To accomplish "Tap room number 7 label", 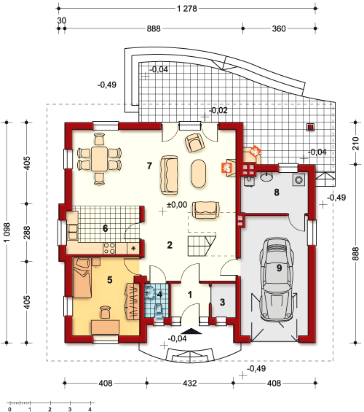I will coord(149,166).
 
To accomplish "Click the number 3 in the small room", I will coord(222,301).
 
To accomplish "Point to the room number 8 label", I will coord(277,193).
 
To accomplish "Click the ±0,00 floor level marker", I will coord(178,206).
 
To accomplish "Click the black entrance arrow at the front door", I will coord(190,331).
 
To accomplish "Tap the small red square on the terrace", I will coord(311,128).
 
